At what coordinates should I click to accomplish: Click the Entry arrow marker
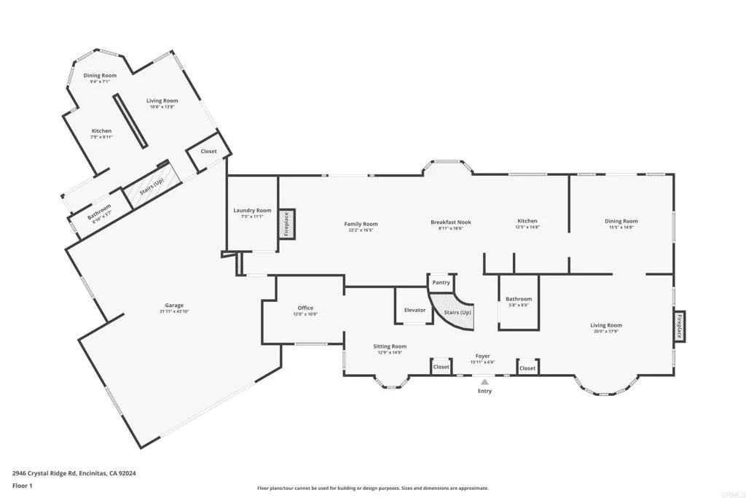click(484, 381)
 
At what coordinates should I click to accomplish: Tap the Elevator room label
click(415, 310)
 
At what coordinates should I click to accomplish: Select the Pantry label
click(441, 282)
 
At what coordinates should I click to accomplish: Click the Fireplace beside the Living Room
click(679, 325)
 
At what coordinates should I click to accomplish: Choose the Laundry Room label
click(252, 211)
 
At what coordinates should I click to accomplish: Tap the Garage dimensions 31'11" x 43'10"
click(174, 311)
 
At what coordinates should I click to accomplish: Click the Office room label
click(305, 308)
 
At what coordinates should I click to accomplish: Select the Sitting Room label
click(390, 346)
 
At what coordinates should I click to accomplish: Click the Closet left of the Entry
click(441, 367)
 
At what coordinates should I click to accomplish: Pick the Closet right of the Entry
click(527, 368)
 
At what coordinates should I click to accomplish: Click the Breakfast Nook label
click(450, 222)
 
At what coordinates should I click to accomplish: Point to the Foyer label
click(482, 356)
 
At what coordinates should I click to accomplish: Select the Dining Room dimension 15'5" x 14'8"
click(621, 227)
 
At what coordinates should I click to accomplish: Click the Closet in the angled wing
click(208, 152)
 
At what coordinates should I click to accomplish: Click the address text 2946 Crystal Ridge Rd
click(74, 473)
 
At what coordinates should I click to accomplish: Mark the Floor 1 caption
click(22, 485)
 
